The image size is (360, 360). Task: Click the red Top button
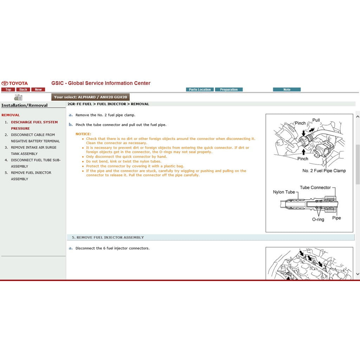(8, 90)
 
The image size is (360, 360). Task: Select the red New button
(38, 90)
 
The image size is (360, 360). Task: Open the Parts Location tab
(200, 90)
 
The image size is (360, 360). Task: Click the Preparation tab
(229, 90)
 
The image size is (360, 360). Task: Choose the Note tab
(287, 90)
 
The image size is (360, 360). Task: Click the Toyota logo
(15, 83)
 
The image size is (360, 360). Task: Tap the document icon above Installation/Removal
(18, 97)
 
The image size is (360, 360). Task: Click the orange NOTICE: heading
(83, 134)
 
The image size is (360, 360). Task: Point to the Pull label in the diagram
(316, 120)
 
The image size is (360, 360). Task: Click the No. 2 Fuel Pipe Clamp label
(324, 171)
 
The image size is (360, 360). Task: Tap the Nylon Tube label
(284, 192)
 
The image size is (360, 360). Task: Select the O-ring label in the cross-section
(318, 219)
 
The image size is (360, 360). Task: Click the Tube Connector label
(315, 187)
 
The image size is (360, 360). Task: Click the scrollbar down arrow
(358, 274)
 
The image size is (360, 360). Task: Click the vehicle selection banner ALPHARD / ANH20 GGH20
(90, 97)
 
